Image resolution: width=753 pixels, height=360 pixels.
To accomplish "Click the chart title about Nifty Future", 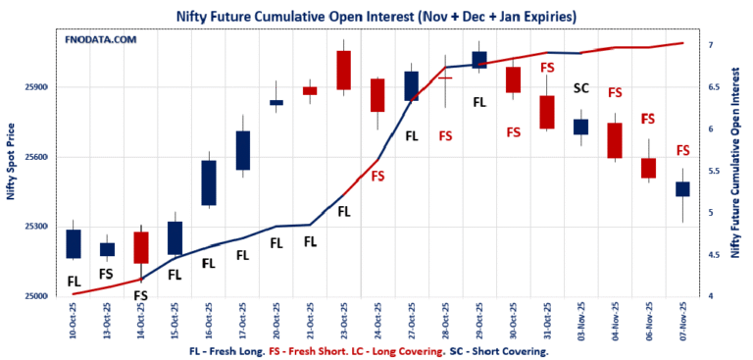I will (376, 16).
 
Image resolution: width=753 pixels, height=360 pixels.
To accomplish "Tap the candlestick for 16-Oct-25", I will (209, 183).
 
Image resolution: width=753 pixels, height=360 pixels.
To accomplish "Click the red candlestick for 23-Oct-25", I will (344, 71).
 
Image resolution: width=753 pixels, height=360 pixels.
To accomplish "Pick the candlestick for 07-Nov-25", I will (682, 189).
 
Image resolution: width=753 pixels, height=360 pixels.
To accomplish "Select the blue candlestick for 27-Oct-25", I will (412, 86).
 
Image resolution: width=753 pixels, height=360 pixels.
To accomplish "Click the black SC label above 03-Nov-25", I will (580, 87).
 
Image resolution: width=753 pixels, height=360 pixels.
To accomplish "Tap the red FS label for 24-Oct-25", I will (377, 176).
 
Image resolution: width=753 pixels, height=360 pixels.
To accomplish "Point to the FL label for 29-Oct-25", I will (479, 102).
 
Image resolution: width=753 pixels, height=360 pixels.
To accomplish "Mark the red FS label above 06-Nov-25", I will (648, 119).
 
